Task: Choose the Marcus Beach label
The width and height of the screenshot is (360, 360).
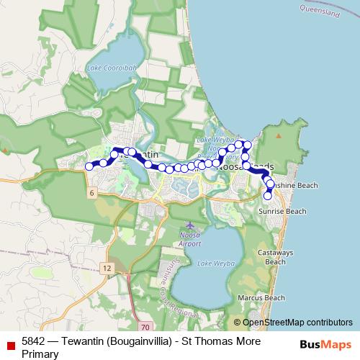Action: [266, 297]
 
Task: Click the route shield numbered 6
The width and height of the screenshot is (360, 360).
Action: [93, 194]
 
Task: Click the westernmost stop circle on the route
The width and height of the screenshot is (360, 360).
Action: [89, 166]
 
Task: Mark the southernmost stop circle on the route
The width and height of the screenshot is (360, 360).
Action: [268, 195]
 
